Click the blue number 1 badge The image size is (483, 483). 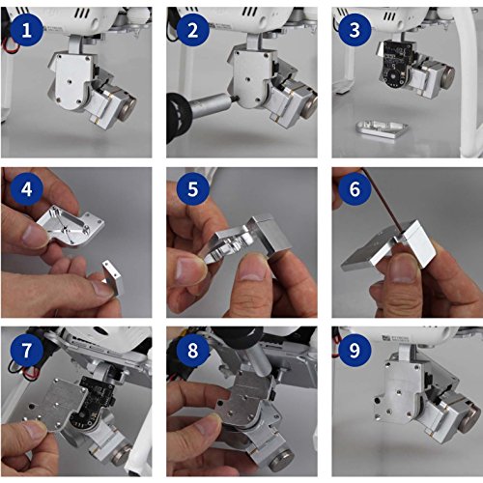point(27,30)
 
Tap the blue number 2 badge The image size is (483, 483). point(193,30)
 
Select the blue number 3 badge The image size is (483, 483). point(355,30)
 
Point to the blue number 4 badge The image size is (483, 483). point(27,189)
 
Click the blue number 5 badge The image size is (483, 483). point(193,189)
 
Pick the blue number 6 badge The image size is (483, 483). point(355,189)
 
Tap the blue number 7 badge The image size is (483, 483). point(27,350)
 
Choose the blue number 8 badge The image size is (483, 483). point(193,350)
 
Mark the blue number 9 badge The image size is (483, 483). point(355,350)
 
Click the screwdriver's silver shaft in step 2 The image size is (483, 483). point(212,101)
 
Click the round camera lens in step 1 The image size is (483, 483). point(128,107)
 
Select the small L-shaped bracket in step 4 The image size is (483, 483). point(113,277)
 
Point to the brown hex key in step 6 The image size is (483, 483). point(383,200)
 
